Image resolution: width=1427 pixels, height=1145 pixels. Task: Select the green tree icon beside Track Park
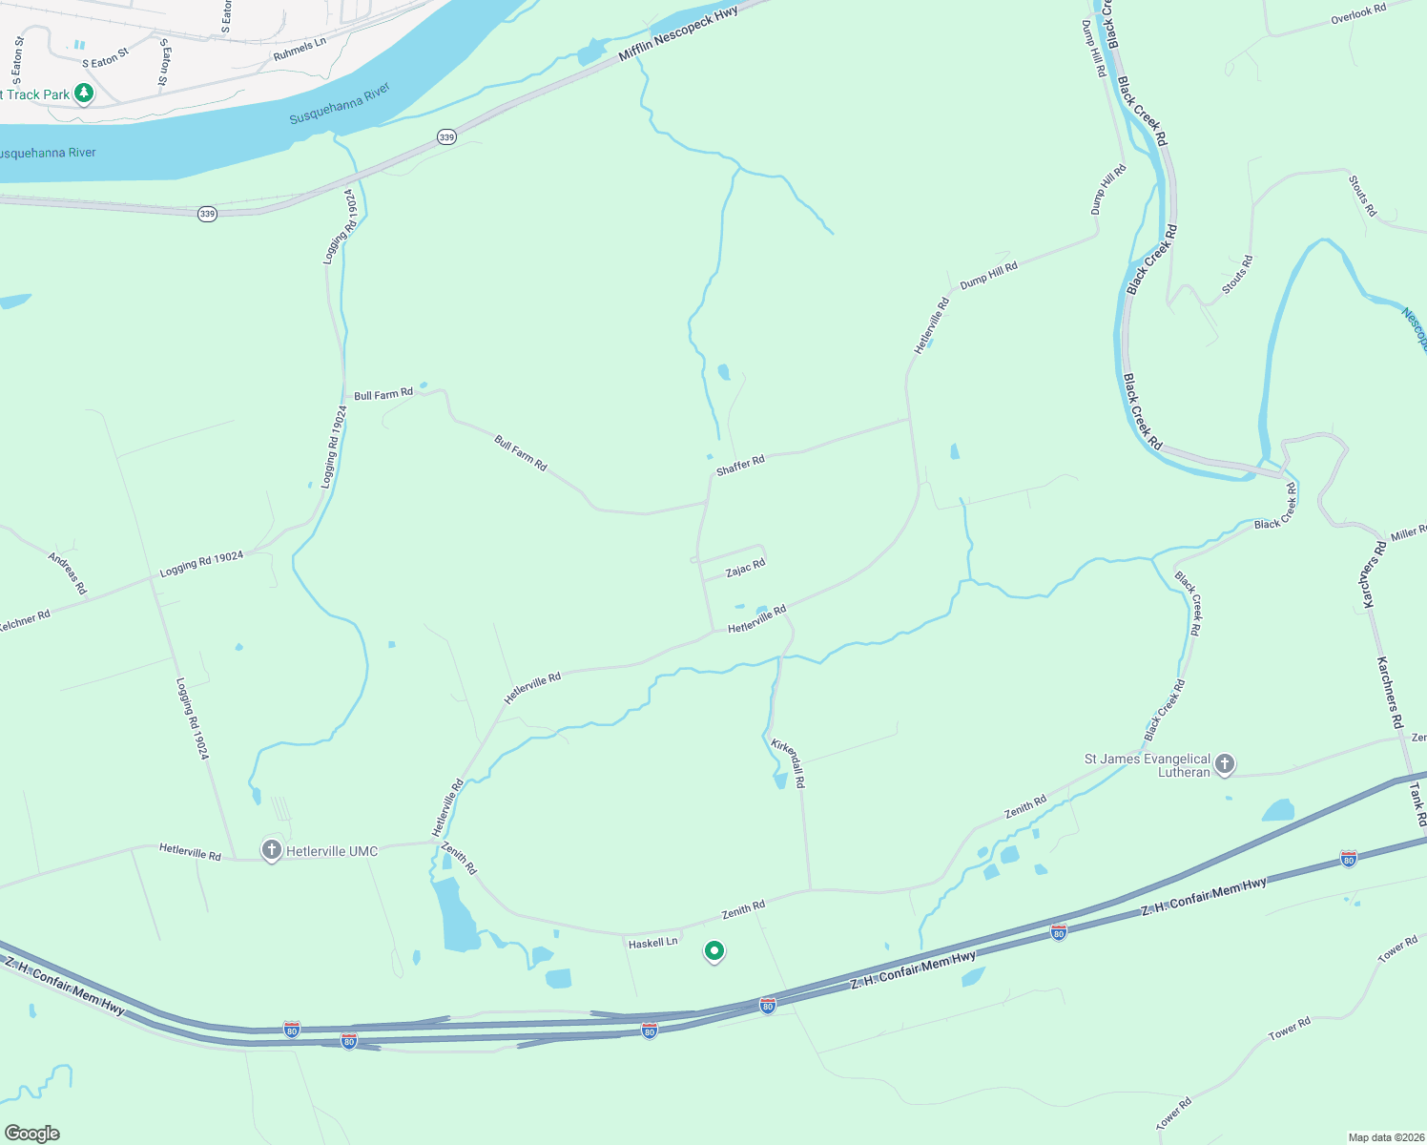(85, 94)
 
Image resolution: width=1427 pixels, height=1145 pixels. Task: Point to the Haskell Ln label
(652, 943)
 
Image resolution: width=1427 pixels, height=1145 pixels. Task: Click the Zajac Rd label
(745, 569)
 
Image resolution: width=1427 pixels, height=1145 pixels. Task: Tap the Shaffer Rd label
(740, 466)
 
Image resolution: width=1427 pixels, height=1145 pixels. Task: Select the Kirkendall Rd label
(789, 761)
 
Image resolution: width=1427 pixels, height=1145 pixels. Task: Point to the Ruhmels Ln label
(300, 50)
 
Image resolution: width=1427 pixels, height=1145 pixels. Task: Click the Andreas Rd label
(68, 573)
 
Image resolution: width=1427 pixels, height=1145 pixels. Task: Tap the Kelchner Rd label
(25, 620)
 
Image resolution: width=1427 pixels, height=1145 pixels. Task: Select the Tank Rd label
(1417, 804)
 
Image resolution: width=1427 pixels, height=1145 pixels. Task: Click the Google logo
(31, 1134)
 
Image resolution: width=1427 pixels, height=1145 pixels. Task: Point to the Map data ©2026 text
(1384, 1137)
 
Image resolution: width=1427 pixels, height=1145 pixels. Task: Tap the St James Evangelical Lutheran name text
(1148, 765)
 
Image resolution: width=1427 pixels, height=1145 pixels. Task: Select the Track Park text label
(37, 94)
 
